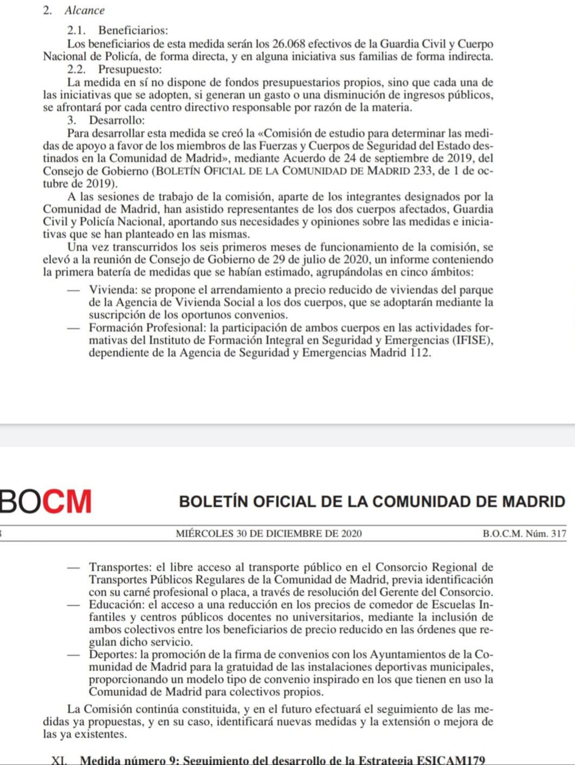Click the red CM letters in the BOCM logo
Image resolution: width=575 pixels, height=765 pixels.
67,501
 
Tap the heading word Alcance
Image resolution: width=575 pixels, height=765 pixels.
85,10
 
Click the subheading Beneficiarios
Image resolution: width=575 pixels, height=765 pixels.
133,31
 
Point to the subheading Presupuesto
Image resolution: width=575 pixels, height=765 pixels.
130,69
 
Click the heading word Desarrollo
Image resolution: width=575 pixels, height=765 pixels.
117,120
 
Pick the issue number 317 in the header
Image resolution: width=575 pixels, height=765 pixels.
558,533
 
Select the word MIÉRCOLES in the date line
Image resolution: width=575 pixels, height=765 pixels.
204,533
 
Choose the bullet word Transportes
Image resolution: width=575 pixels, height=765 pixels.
119,567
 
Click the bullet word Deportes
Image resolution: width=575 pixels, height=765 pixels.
111,654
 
